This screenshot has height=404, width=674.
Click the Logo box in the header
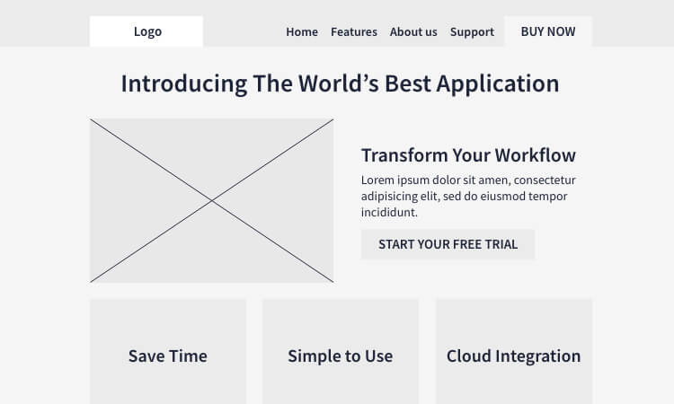click(146, 31)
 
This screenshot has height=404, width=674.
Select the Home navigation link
click(302, 31)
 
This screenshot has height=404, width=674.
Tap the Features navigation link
click(354, 31)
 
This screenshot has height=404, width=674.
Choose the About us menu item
click(413, 31)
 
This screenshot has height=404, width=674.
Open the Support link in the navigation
click(472, 32)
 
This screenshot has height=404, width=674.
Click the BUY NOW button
click(548, 31)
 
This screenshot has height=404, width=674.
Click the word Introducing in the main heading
click(184, 83)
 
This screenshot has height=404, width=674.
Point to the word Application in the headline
click(498, 83)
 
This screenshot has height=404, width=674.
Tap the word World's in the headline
click(339, 83)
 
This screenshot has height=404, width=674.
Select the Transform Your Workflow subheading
click(468, 155)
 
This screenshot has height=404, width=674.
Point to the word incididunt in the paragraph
click(389, 212)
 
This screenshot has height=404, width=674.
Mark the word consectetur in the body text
click(545, 180)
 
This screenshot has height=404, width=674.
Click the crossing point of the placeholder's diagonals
click(212, 200)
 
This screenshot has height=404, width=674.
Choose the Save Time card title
click(168, 356)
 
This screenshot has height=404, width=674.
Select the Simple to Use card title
click(341, 356)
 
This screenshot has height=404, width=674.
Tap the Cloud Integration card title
click(514, 356)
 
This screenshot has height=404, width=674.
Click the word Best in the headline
click(408, 83)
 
